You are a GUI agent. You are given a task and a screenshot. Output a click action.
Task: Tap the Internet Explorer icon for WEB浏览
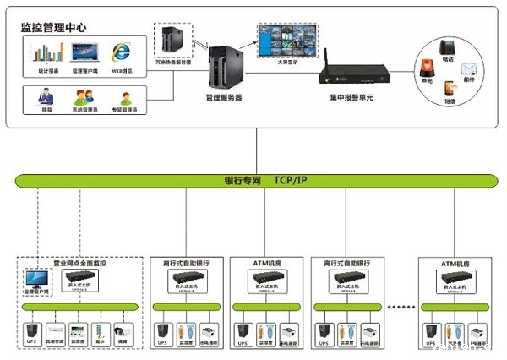point(123,52)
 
